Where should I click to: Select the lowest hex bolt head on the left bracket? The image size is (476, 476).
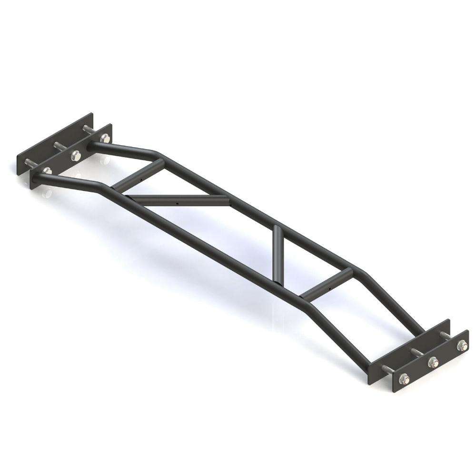pos(46,170)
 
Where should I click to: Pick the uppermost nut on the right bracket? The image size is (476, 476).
pos(460,346)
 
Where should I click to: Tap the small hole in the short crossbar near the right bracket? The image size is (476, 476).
pos(328,288)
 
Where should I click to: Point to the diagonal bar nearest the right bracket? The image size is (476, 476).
pos(278,255)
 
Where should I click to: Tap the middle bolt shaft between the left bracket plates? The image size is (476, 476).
pos(60,145)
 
